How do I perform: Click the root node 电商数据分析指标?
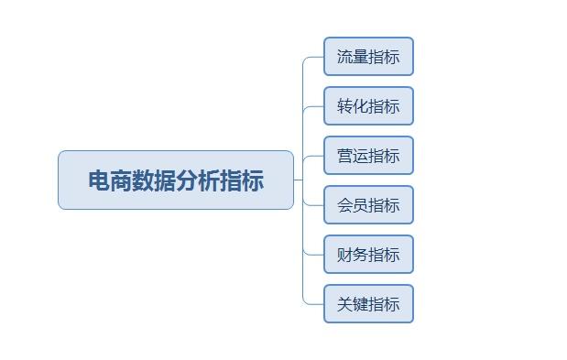[176, 180]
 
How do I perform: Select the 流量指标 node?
[368, 57]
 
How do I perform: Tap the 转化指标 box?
[368, 106]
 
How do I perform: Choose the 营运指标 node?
[368, 156]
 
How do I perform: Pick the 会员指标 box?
[368, 205]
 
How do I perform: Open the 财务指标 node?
[368, 255]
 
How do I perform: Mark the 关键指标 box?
[368, 304]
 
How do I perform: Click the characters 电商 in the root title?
[110, 180]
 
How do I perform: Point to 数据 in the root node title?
[154, 180]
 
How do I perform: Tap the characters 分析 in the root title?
[198, 180]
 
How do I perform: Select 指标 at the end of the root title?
[242, 180]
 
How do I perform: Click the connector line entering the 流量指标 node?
[315, 57]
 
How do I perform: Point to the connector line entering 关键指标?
[315, 304]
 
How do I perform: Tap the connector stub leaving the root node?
[298, 180]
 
